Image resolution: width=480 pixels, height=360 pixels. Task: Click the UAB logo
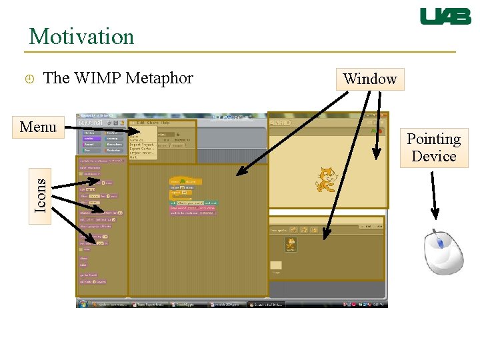[x=445, y=17]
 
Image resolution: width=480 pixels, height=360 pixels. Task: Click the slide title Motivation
[x=81, y=36]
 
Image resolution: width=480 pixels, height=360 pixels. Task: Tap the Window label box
[x=370, y=79]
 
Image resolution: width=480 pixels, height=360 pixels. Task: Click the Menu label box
[x=38, y=127]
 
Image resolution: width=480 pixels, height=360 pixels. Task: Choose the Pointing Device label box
[x=434, y=148]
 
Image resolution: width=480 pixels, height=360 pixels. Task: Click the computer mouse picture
[x=443, y=252]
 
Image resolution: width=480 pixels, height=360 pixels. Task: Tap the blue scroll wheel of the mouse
[x=439, y=243]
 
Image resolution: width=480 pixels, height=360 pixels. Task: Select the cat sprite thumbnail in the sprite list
[x=291, y=245]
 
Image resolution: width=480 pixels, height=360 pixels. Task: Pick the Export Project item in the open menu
[x=141, y=144]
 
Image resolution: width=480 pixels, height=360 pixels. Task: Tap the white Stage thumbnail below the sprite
[x=275, y=266]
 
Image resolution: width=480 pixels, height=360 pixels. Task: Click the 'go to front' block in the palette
[x=89, y=274]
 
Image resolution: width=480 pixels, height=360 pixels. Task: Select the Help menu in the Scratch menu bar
[x=165, y=123]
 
